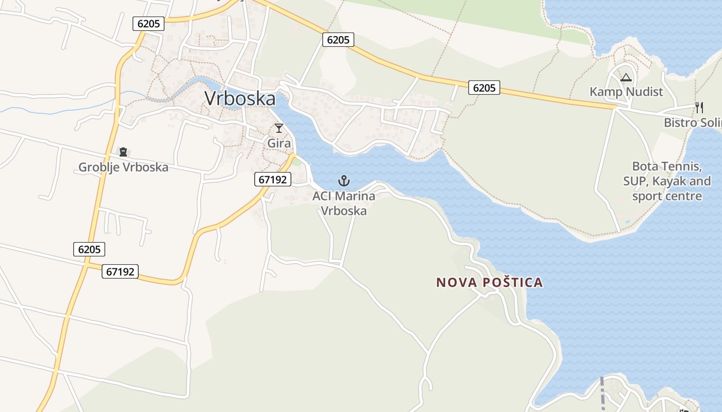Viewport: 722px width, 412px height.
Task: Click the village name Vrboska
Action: pos(240,98)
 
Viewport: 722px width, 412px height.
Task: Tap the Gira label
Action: pos(279,143)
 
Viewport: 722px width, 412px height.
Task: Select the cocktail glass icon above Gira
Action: pos(279,128)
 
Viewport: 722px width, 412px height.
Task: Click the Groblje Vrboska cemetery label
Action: pos(123,167)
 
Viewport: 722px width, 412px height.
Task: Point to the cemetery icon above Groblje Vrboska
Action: pos(123,152)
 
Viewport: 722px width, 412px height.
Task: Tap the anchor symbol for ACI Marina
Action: pos(343,181)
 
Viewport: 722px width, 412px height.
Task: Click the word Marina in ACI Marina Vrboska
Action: pos(354,196)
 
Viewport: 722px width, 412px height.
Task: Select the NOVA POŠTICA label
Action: pos(489,282)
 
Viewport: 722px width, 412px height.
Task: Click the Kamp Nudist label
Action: pos(626,92)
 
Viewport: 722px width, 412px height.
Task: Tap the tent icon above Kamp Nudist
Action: pos(626,78)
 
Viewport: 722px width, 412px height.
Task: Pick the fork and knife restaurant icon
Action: pos(699,108)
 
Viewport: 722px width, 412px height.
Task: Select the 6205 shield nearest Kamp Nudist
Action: pos(484,88)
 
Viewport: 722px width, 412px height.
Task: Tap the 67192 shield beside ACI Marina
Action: pos(273,179)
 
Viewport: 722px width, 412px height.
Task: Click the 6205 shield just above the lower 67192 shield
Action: pos(89,249)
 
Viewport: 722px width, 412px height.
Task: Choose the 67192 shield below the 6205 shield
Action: pos(120,271)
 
